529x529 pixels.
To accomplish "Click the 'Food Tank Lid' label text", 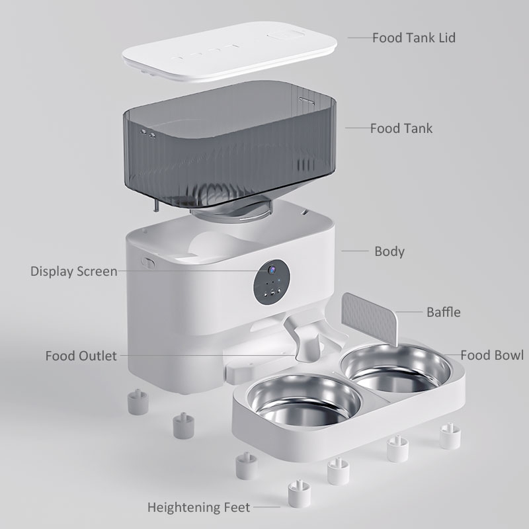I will pos(413,37).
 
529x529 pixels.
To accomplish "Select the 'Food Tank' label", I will pos(401,128).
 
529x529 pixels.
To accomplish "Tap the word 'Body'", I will pos(389,251).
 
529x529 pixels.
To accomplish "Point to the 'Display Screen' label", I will pos(73,271).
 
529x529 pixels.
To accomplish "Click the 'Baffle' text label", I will pos(443,311).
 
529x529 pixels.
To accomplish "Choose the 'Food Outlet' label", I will pos(81,356).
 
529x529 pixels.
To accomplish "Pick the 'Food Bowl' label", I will pos(491,356).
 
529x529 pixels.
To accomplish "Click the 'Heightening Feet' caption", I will pos(198,508).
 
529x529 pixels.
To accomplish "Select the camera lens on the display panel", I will pos(270,270).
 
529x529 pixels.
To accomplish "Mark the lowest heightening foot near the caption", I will pos(298,493).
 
